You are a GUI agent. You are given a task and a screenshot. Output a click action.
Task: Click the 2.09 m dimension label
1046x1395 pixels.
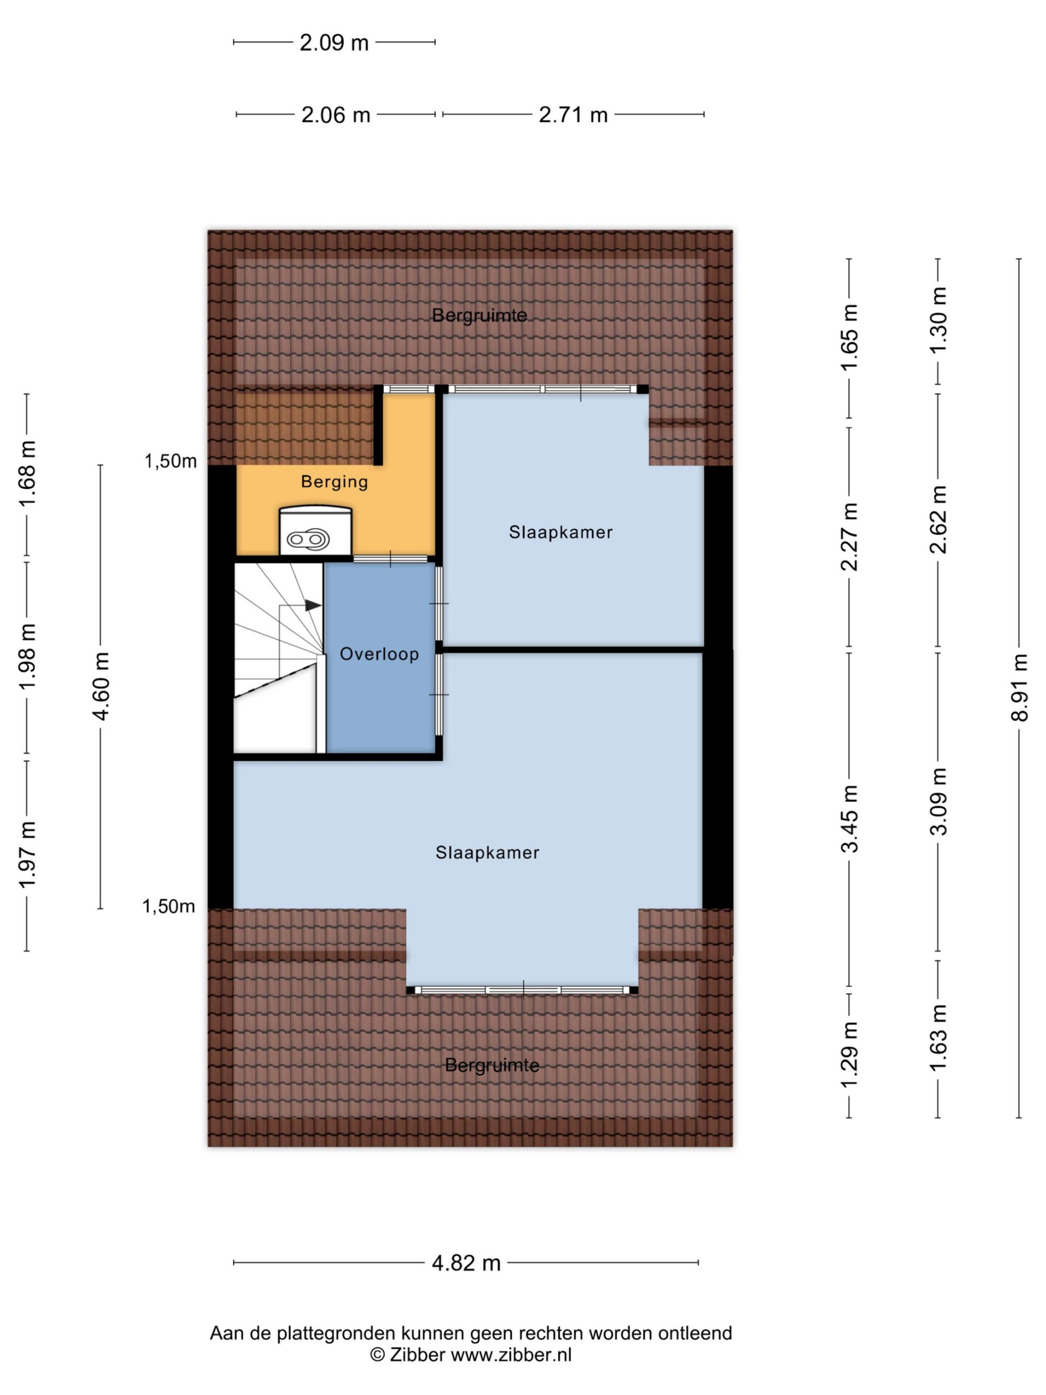pyautogui.click(x=333, y=43)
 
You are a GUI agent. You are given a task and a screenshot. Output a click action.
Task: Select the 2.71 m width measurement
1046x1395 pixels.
pyautogui.click(x=573, y=115)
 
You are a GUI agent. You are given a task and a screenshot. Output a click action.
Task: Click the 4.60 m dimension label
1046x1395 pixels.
pyautogui.click(x=101, y=686)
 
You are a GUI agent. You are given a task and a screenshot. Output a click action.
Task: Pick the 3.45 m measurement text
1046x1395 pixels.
pyautogui.click(x=850, y=818)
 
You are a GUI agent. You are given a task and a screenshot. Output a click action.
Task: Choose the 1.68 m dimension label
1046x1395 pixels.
pyautogui.click(x=27, y=473)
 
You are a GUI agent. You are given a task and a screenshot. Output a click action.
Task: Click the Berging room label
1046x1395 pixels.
pyautogui.click(x=334, y=482)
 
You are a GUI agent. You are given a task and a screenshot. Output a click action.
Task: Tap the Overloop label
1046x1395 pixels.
pyautogui.click(x=379, y=654)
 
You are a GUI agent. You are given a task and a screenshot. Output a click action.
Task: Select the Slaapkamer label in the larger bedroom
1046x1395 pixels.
pyautogui.click(x=488, y=853)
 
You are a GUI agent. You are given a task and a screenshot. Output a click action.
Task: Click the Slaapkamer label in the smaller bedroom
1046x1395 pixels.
pyautogui.click(x=561, y=532)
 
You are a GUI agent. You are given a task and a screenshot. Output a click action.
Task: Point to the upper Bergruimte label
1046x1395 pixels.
pyautogui.click(x=479, y=316)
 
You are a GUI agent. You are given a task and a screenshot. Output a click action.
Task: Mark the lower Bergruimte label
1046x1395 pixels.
pyautogui.click(x=492, y=1065)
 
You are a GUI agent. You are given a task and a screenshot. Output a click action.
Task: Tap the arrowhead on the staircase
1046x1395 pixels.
pyautogui.click(x=313, y=605)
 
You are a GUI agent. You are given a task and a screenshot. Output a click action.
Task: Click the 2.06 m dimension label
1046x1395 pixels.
pyautogui.click(x=336, y=115)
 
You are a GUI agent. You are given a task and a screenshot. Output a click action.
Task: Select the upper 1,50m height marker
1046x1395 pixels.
pyautogui.click(x=170, y=461)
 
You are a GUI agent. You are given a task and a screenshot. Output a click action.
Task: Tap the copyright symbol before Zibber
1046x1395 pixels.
pyautogui.click(x=377, y=1355)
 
